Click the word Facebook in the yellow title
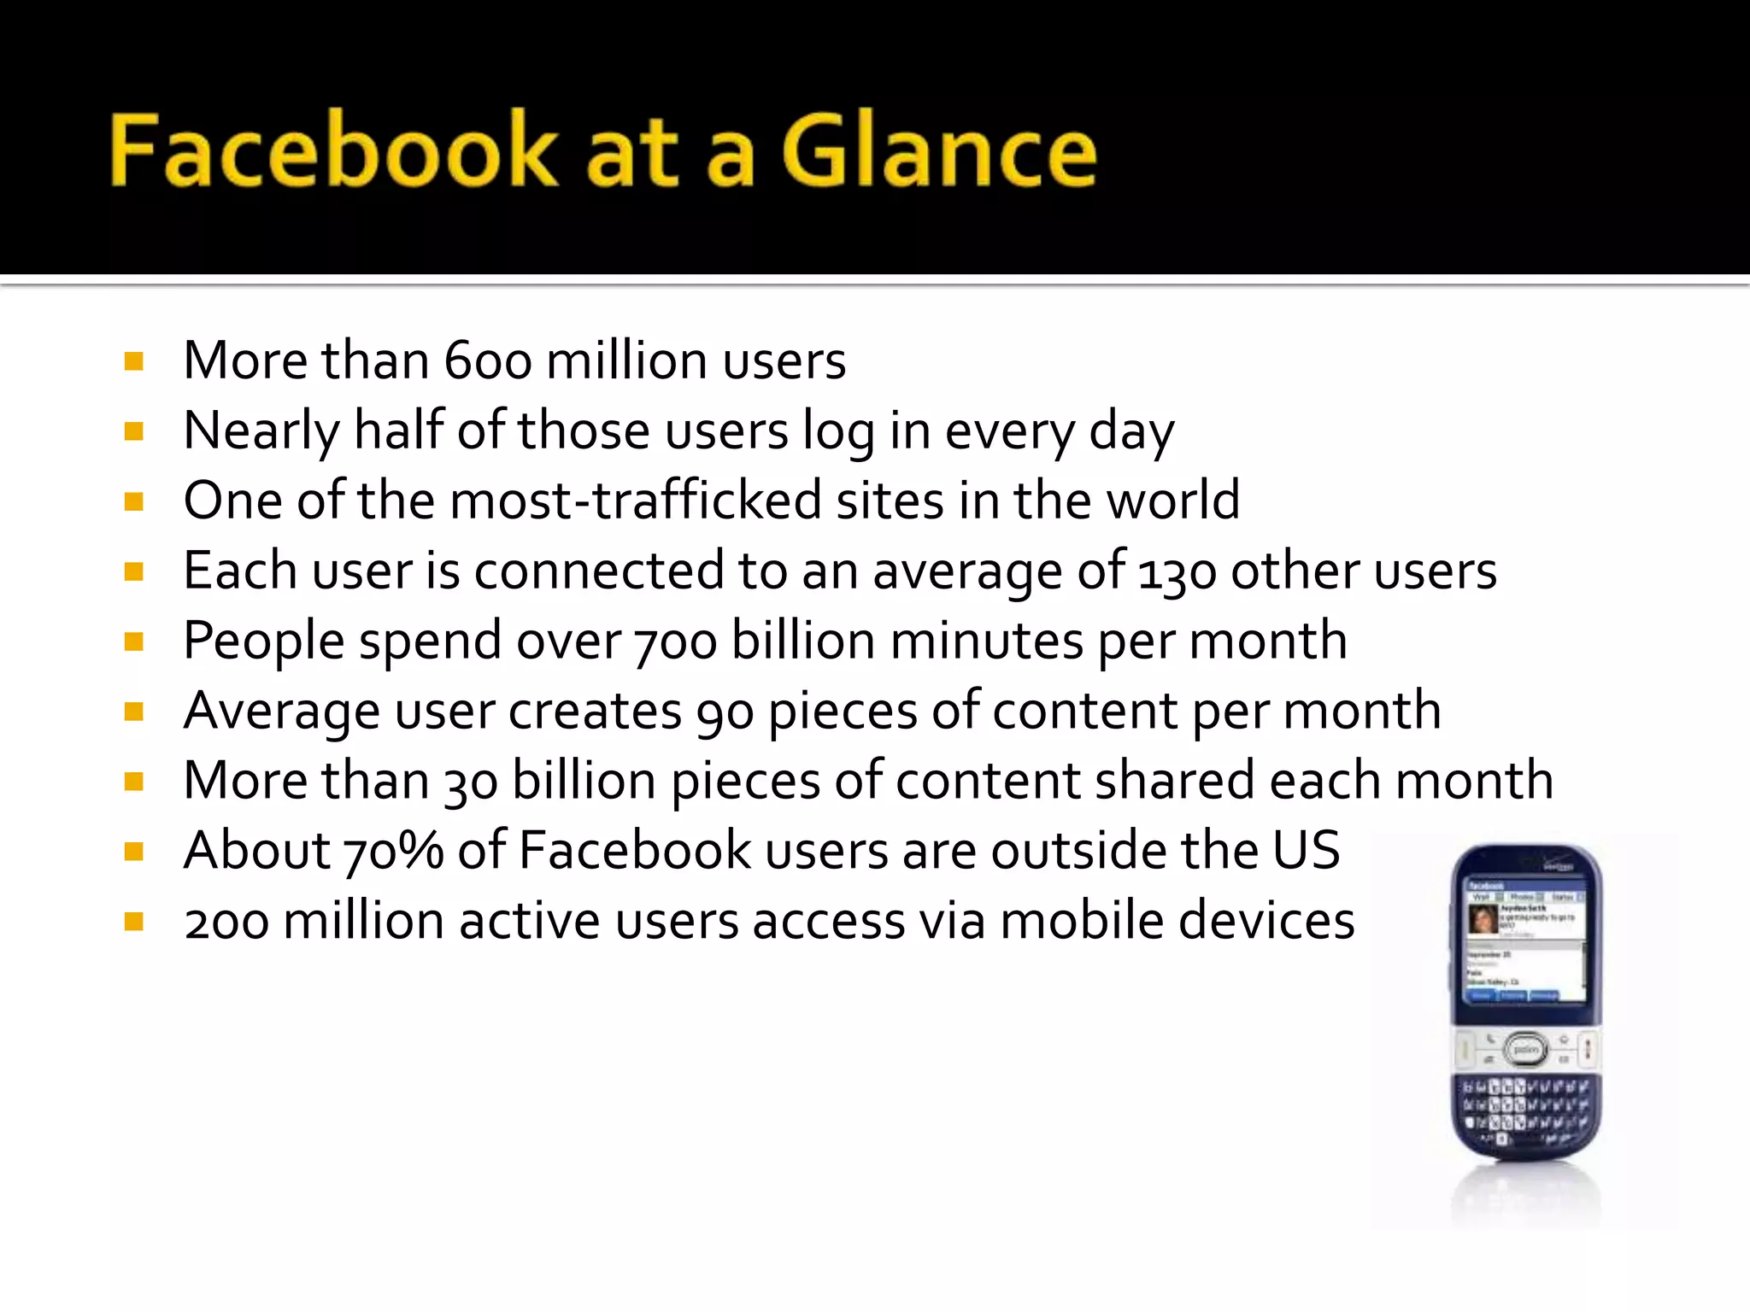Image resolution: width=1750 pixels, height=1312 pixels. [x=333, y=151]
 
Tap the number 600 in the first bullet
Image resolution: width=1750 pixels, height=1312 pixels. [x=488, y=360]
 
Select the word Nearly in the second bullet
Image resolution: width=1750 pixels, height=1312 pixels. [x=261, y=430]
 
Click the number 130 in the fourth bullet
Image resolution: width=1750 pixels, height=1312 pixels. [x=1177, y=572]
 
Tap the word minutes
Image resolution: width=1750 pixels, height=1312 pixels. [x=986, y=641]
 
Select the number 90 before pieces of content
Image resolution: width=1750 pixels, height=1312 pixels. [x=725, y=712]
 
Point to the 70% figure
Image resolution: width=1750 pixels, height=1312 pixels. [x=394, y=852]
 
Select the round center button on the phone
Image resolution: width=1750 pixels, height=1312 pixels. [x=1526, y=1049]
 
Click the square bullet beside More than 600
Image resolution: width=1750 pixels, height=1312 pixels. [x=133, y=361]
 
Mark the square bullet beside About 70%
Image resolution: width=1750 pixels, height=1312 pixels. [x=133, y=852]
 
